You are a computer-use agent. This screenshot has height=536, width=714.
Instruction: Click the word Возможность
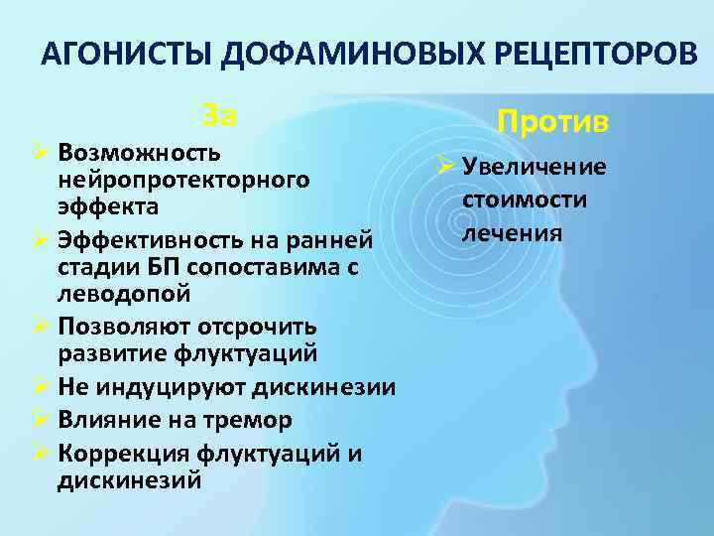point(139,155)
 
